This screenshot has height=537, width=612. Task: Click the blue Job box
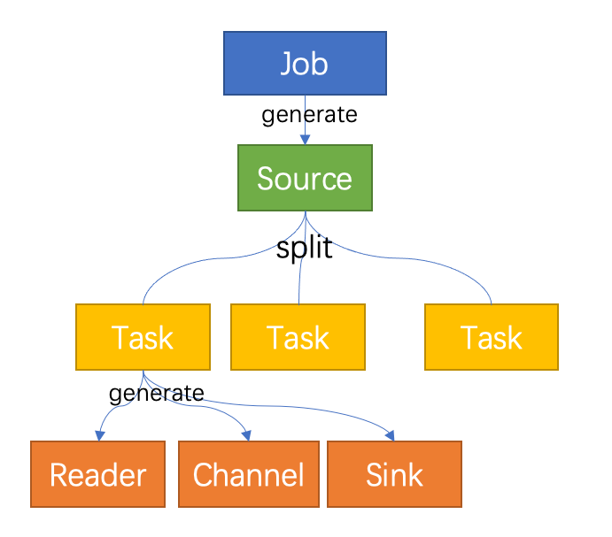click(305, 63)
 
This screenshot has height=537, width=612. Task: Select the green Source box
click(305, 178)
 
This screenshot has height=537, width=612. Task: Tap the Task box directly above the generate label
click(143, 337)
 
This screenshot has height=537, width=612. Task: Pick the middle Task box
click(298, 337)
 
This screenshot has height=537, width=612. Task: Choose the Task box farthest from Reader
click(492, 337)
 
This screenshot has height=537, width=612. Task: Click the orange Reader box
click(97, 474)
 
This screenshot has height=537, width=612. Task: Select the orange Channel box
click(247, 474)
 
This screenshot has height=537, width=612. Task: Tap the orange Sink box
click(395, 474)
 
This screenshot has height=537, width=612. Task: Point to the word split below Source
click(304, 249)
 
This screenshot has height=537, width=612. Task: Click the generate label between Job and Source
click(309, 115)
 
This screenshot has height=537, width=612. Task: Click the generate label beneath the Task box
click(156, 393)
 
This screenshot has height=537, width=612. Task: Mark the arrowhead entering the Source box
click(305, 140)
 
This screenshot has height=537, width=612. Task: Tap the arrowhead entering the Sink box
click(391, 434)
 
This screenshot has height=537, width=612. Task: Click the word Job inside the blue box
click(305, 63)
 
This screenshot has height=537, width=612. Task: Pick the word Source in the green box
click(305, 179)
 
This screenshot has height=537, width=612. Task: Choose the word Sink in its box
click(395, 475)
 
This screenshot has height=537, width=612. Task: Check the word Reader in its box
click(97, 475)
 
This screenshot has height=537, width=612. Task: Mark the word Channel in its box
click(248, 475)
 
